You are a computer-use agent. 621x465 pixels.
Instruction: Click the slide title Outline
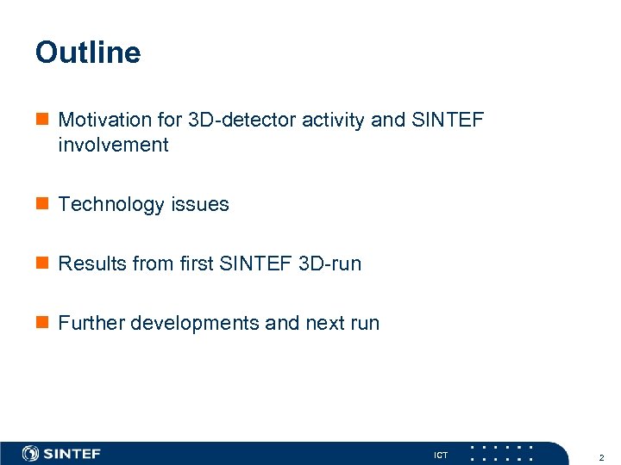pyautogui.click(x=87, y=53)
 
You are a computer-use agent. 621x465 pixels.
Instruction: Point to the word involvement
pyautogui.click(x=113, y=145)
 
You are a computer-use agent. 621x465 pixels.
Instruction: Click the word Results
pyautogui.click(x=91, y=263)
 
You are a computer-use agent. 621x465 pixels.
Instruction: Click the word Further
pyautogui.click(x=91, y=323)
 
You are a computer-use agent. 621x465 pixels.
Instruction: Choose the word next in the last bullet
pyautogui.click(x=324, y=323)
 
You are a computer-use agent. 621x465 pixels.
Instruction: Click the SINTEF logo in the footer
pyautogui.click(x=61, y=453)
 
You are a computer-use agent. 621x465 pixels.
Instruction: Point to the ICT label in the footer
pyautogui.click(x=440, y=455)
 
